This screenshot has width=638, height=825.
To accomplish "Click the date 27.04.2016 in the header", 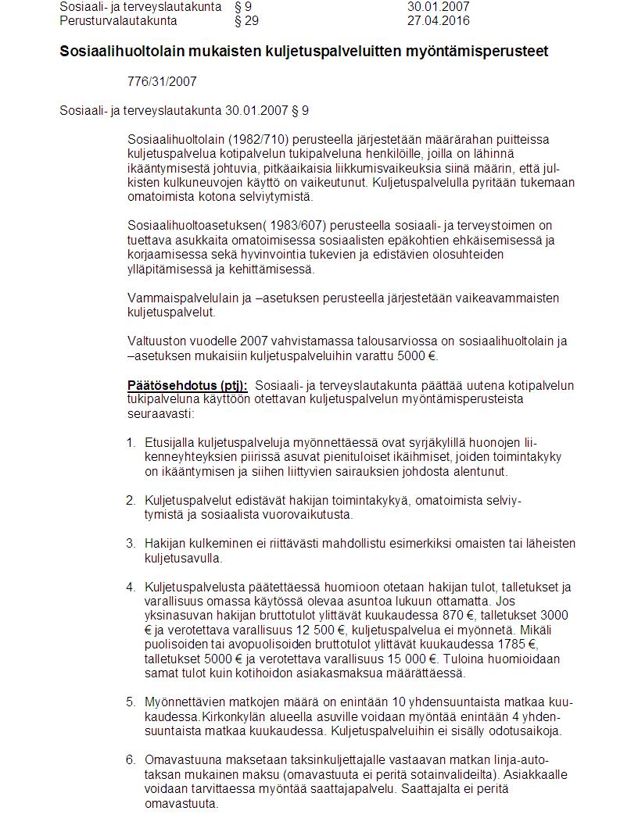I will pos(439,20).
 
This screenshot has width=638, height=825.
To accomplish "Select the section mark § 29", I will pos(246,20).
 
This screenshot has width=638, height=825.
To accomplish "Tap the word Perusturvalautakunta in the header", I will pos(118,20).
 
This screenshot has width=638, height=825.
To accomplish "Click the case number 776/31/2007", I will pos(162,81).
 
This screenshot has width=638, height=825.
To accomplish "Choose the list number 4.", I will pos(131,587).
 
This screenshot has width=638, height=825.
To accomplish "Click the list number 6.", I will pos(131,759).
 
